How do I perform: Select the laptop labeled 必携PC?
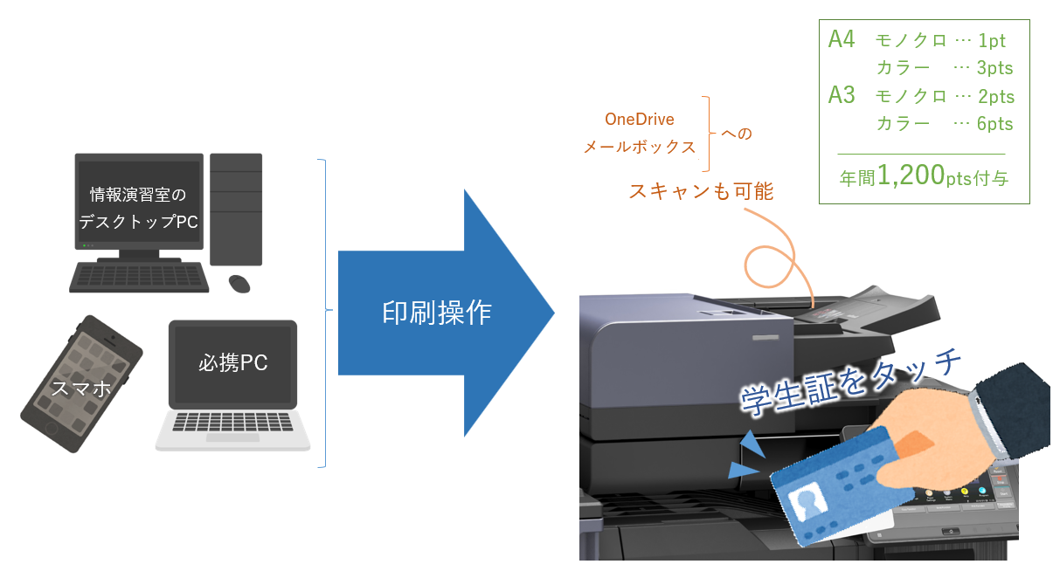tap(232, 384)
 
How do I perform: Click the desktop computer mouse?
tap(239, 283)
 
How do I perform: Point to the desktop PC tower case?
tap(236, 209)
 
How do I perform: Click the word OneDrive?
tap(640, 120)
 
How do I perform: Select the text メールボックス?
tap(640, 147)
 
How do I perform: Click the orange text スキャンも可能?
tap(701, 191)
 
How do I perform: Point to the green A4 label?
tap(842, 40)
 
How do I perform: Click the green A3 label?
tap(842, 95)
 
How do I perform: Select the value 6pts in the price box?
tap(994, 124)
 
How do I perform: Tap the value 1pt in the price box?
tap(992, 41)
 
